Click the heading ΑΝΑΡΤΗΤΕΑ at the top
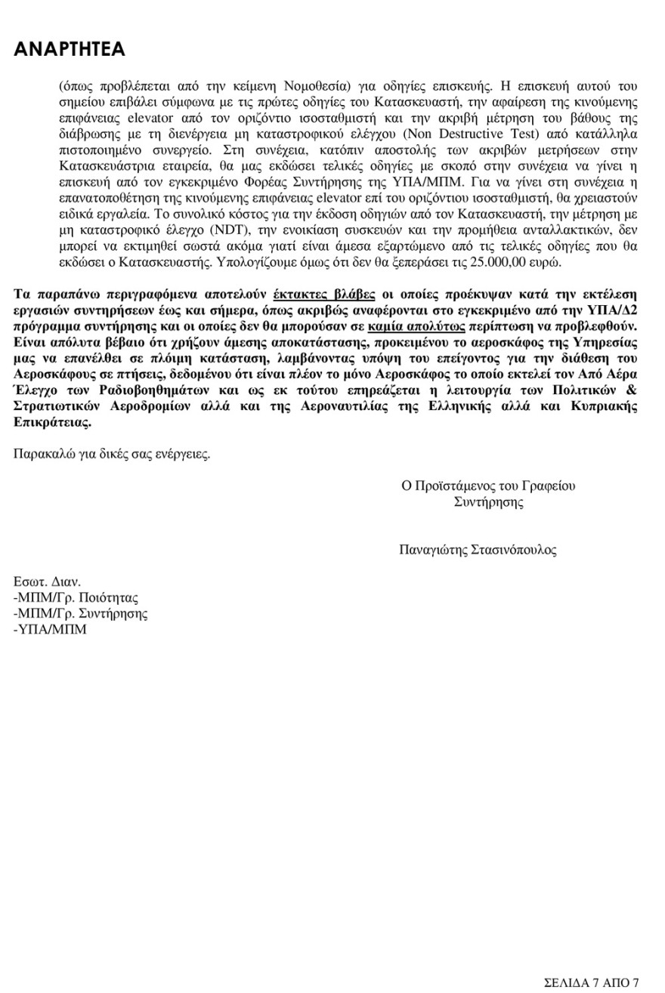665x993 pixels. coord(70,50)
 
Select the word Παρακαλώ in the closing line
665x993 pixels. coord(39,454)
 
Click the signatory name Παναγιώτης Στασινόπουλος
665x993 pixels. coord(478,550)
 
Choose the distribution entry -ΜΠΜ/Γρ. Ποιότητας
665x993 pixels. coord(76,597)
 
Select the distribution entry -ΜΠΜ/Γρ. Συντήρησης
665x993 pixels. coord(81,613)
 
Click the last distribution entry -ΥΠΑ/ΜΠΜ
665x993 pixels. coord(51,629)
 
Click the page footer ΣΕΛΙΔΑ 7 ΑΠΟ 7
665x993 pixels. coord(592,982)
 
